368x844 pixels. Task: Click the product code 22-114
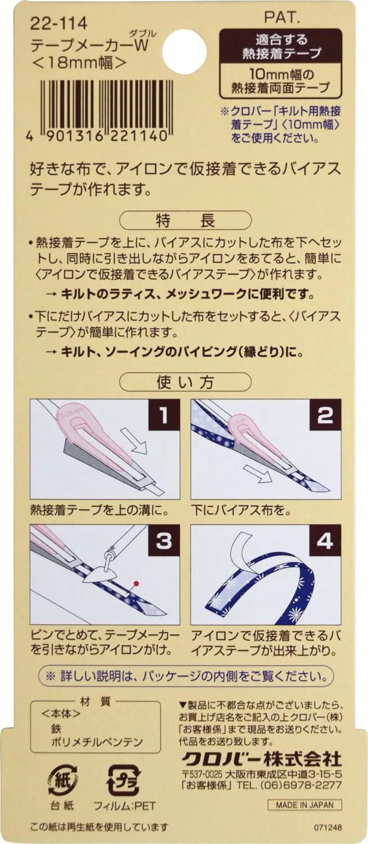click(x=58, y=24)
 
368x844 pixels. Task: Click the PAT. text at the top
click(x=282, y=17)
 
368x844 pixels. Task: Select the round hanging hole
click(x=187, y=49)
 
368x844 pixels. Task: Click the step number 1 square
click(x=164, y=415)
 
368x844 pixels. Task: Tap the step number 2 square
click(x=325, y=415)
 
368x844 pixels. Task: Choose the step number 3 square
click(x=164, y=541)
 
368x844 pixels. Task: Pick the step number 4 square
click(x=325, y=541)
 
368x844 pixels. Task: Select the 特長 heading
click(x=185, y=221)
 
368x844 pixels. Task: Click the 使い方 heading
click(x=185, y=382)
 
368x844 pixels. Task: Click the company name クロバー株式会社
click(x=261, y=756)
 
